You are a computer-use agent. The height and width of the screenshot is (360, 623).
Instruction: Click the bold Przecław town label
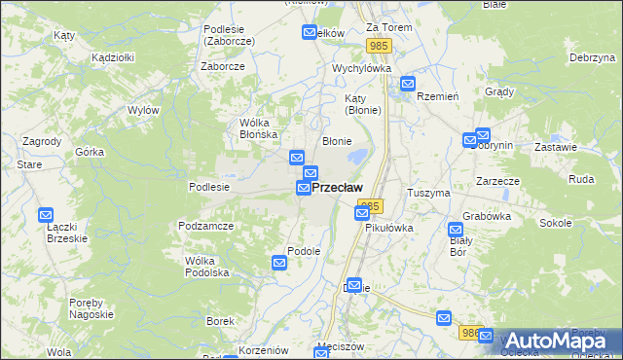(337, 187)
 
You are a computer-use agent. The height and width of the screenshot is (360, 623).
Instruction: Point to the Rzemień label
(437, 96)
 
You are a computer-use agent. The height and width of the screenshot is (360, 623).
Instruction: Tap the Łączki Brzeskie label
(67, 232)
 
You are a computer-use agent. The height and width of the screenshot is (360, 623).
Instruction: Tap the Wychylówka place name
(361, 69)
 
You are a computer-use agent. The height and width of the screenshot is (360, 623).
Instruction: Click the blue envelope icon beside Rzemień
(407, 85)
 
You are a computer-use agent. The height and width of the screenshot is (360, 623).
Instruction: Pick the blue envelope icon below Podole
(279, 262)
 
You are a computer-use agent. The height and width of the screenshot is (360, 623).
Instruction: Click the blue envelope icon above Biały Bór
(455, 231)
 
